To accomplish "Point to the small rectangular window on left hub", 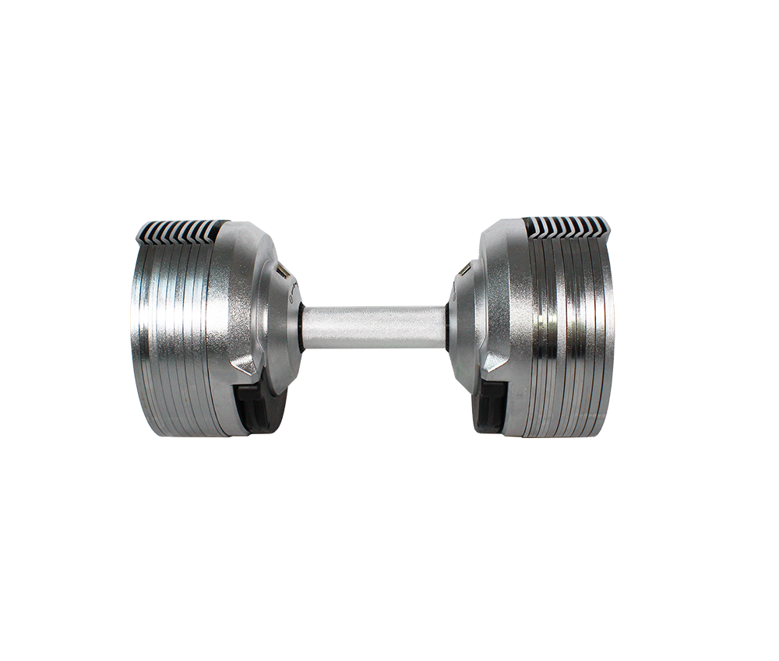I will (282, 273).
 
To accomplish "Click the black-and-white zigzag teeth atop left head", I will (179, 230).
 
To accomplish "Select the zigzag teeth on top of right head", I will (566, 227).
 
